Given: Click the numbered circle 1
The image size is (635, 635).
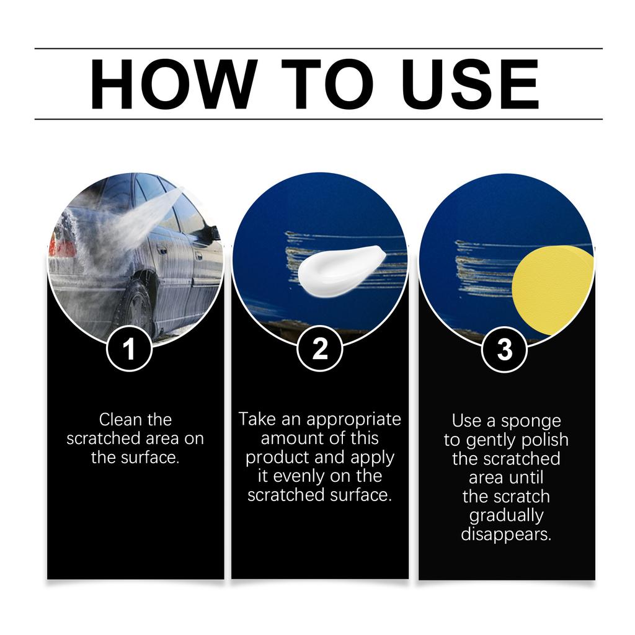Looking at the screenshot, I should pos(129,350).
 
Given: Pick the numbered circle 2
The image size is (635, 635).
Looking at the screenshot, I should pos(320,349).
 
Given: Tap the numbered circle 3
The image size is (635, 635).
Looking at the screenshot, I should pos(505,350).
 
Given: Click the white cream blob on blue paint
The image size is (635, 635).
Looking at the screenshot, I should pos(339,270).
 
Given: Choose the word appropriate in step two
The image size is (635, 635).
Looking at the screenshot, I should pos(354,420).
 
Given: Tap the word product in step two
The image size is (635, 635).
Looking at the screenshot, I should pos(277,458).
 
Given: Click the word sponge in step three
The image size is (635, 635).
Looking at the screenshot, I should pos(530,422).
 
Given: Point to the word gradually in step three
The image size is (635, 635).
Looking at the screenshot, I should pos(506,516).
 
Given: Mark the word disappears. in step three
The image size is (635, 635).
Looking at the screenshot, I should pos(506,535).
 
